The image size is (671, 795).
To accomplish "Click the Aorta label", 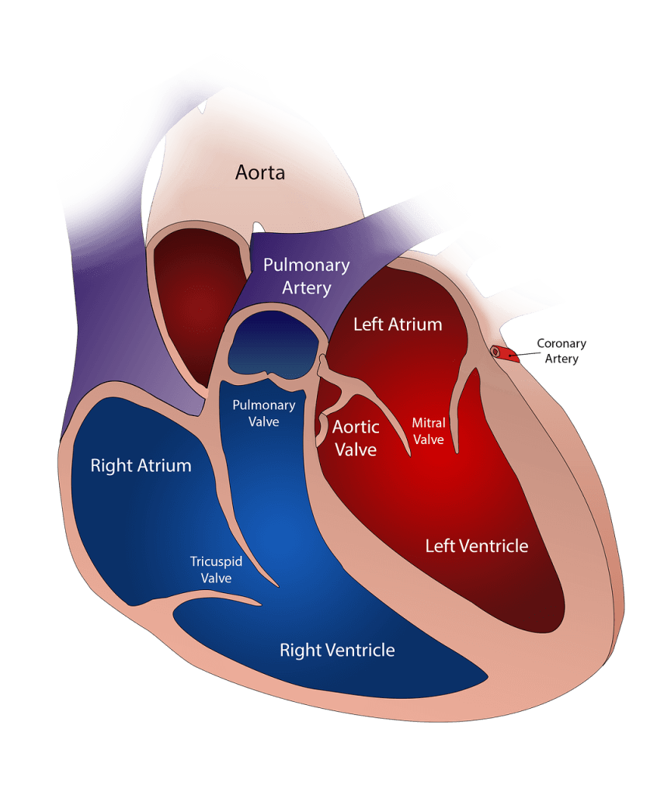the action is click(259, 172).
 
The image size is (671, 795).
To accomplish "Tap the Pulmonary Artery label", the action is click(306, 276).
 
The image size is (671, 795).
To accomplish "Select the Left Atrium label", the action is click(398, 325).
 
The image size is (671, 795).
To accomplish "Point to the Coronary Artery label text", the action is click(561, 351).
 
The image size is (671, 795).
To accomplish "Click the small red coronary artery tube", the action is click(505, 353).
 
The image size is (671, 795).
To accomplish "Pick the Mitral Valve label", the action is click(429, 431).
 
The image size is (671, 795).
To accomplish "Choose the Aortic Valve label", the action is click(356, 438).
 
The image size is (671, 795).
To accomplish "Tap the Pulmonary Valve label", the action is click(264, 413).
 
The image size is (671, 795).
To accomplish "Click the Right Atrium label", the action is click(141, 466).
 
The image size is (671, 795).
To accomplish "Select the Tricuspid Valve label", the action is click(216, 569).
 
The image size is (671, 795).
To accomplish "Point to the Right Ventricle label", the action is click(337, 650).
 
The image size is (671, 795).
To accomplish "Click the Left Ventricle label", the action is click(477, 546).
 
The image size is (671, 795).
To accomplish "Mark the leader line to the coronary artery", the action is click(525, 355).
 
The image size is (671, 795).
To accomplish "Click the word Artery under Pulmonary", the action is click(306, 288).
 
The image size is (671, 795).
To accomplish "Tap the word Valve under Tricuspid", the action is click(216, 578).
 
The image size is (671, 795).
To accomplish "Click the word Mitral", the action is click(429, 423).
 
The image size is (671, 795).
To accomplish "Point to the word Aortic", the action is click(356, 427).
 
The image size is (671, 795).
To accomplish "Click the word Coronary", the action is click(561, 344).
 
